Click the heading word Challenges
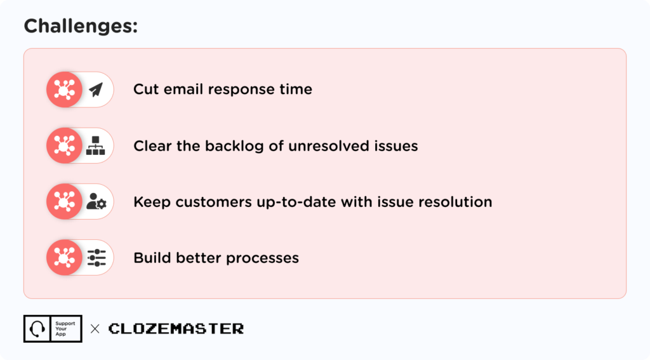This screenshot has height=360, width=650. [80, 27]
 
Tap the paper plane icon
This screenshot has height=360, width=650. [96, 90]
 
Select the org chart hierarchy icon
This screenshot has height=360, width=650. [96, 146]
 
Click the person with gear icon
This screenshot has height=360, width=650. [96, 202]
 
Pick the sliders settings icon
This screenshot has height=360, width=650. [96, 258]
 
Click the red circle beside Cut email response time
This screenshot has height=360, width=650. [64, 90]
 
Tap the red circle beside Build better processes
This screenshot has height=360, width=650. [64, 258]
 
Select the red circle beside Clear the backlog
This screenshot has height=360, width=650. [64, 146]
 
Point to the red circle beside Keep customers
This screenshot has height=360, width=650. [64, 202]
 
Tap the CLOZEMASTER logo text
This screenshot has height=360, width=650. [176, 329]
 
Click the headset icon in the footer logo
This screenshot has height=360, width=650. [37, 329]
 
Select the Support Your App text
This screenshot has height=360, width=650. [65, 329]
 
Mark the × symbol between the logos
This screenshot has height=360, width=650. [95, 329]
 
